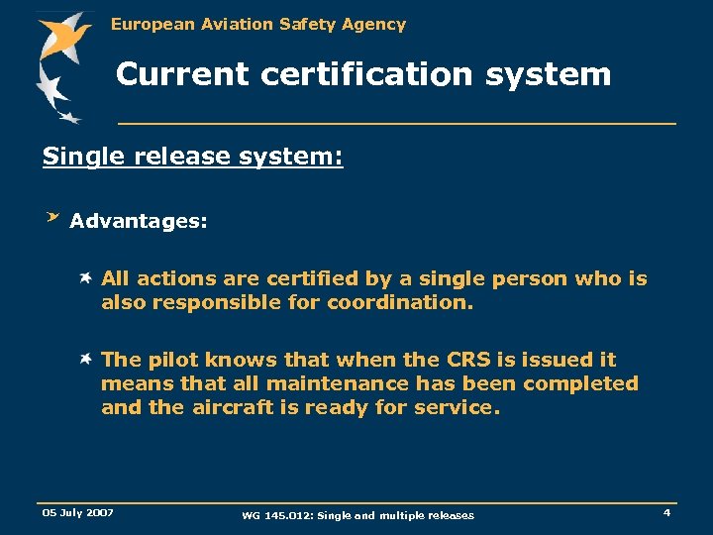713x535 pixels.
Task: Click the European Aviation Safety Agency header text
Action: pos(257,24)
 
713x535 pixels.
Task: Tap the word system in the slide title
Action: pos(550,73)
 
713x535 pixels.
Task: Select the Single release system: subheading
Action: pos(192,157)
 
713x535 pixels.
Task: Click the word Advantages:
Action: pos(139,221)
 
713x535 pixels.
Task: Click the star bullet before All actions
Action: pos(87,278)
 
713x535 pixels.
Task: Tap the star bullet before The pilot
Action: pos(87,360)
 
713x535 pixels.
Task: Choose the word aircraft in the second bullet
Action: pos(232,407)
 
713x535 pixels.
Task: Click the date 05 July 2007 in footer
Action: pos(77,512)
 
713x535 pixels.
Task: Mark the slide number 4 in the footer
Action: pos(666,512)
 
